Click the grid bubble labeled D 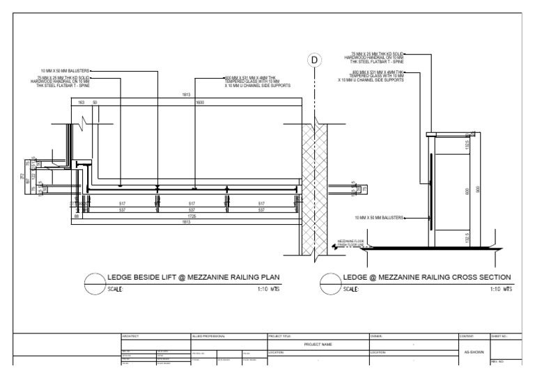[x=315, y=61]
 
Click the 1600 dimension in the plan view [x=199, y=102]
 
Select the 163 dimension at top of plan [x=82, y=102]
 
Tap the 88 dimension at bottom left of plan [x=77, y=216]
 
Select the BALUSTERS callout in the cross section [x=380, y=217]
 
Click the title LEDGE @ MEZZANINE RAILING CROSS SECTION [x=428, y=277]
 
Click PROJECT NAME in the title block [x=317, y=344]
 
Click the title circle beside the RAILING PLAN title [x=95, y=283]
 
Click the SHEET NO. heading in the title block [x=501, y=336]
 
